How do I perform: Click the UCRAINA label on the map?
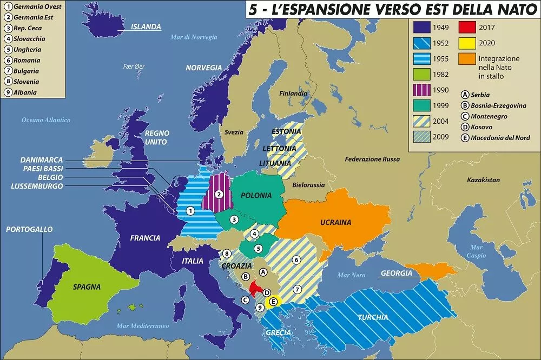click(335, 222)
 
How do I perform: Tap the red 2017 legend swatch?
click(467, 27)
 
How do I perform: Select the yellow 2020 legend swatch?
click(467, 43)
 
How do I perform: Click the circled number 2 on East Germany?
click(219, 194)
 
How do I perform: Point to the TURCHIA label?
click(372, 317)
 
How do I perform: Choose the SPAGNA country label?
click(87, 286)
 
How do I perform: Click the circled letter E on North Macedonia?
click(273, 301)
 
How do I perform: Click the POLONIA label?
click(256, 196)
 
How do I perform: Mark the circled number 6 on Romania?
click(296, 259)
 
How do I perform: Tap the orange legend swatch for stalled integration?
click(467, 58)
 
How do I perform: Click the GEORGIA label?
click(396, 274)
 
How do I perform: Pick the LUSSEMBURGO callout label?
click(37, 186)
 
